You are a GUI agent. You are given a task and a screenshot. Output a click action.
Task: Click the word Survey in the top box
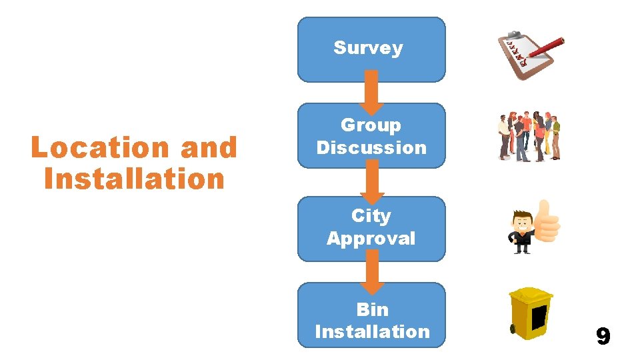pyautogui.click(x=368, y=48)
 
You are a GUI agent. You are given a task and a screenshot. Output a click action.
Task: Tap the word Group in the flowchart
pyautogui.click(x=371, y=125)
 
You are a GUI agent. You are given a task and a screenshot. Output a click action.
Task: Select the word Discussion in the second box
pyautogui.click(x=371, y=147)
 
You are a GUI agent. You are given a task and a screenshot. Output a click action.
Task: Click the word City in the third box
pyautogui.click(x=371, y=216)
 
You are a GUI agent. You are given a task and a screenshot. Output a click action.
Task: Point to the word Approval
pyautogui.click(x=371, y=238)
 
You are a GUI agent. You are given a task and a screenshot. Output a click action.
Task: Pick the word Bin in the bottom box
pyautogui.click(x=372, y=309)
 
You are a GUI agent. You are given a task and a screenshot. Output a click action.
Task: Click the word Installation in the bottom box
pyautogui.click(x=372, y=331)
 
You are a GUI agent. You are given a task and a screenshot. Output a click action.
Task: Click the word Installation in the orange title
pyautogui.click(x=134, y=179)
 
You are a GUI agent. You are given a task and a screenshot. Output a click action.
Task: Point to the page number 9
pyautogui.click(x=603, y=337)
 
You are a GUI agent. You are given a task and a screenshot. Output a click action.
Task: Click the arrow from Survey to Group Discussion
pyautogui.click(x=373, y=92)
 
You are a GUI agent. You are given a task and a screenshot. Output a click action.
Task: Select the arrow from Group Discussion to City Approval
pyautogui.click(x=373, y=181)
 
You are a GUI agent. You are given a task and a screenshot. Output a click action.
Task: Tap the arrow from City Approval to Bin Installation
pyautogui.click(x=373, y=271)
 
